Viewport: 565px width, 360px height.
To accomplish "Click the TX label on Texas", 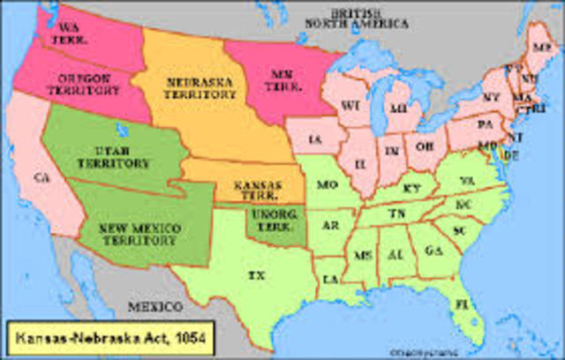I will tap(256, 275).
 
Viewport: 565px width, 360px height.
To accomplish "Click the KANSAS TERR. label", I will tap(255, 188).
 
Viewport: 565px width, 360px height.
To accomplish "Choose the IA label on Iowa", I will tap(316, 139).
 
